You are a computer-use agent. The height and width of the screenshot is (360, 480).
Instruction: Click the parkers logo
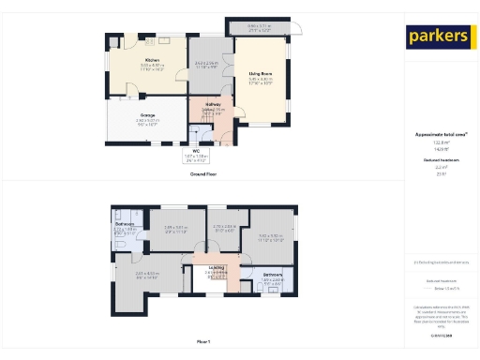pyautogui.click(x=438, y=37)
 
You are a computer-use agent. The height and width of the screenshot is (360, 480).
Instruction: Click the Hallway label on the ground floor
pyautogui.click(x=213, y=104)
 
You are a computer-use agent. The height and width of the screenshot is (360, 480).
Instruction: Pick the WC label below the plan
pyautogui.click(x=197, y=150)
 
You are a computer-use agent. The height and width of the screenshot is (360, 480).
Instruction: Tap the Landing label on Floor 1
pyautogui.click(x=217, y=266)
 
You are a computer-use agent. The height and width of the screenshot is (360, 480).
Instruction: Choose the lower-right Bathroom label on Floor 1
pyautogui.click(x=273, y=275)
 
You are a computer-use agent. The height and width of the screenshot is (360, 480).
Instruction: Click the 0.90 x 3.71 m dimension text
pyautogui.click(x=260, y=25)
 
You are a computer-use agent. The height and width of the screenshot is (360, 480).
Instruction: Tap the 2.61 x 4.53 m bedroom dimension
pyautogui.click(x=147, y=273)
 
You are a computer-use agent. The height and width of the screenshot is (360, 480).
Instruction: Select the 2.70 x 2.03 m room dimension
pyautogui.click(x=224, y=226)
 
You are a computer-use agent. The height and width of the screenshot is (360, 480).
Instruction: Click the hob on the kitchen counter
pyautogui.click(x=163, y=40)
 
